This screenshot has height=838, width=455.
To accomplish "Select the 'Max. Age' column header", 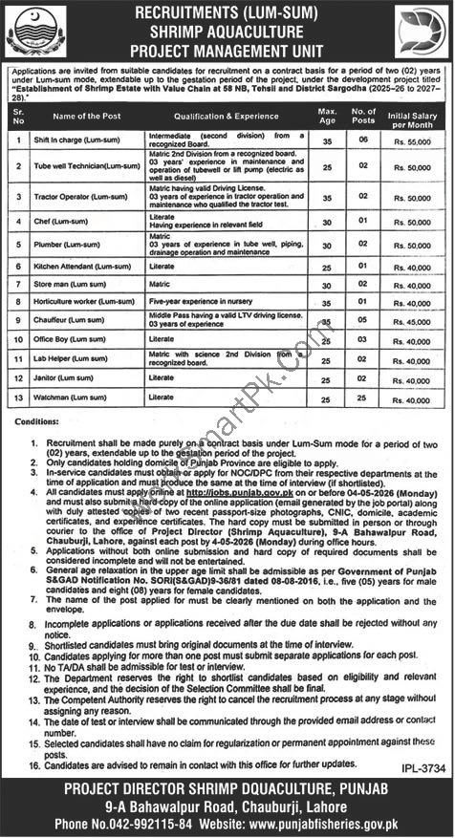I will (x=327, y=117).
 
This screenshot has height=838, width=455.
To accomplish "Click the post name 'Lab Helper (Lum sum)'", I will (x=77, y=359).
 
